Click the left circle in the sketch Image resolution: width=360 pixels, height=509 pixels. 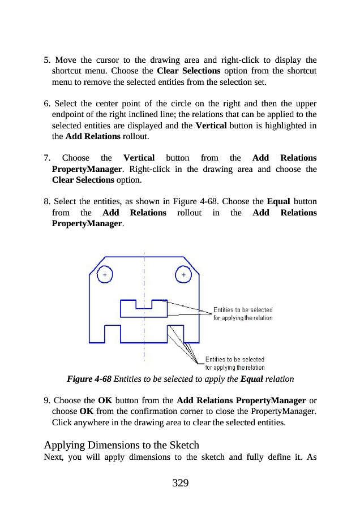coord(105,275)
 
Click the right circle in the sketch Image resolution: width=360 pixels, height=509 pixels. coord(183,275)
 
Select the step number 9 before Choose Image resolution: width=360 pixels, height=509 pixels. coord(46,401)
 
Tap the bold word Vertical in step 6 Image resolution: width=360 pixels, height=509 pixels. coord(211,125)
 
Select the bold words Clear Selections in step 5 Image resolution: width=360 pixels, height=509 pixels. coord(188,71)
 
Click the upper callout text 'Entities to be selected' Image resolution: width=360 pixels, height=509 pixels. coord(243,310)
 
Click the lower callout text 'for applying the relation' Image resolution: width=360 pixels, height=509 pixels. coord(235,367)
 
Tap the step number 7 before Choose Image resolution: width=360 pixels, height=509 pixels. coord(46,157)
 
